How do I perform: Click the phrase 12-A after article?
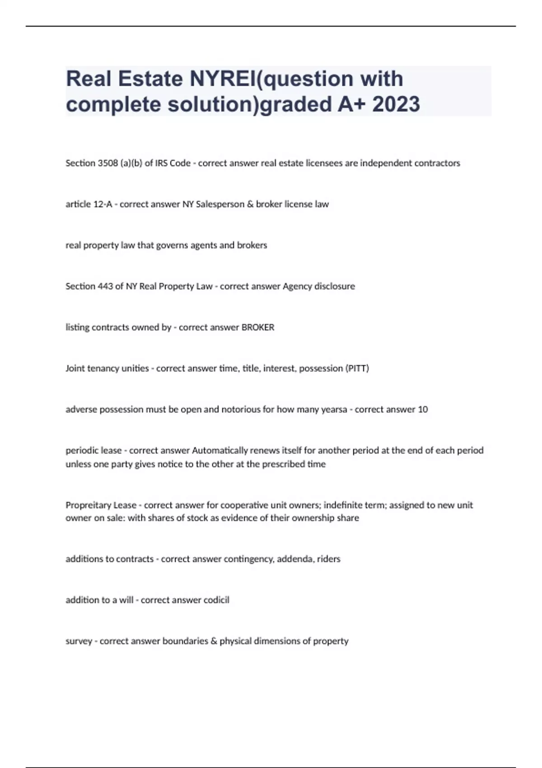click(x=103, y=204)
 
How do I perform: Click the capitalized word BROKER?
click(x=258, y=328)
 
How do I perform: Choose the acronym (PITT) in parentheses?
click(x=357, y=369)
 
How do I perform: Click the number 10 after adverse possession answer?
click(x=423, y=410)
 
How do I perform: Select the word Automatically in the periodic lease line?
click(x=220, y=450)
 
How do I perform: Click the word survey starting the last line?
click(x=79, y=641)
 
